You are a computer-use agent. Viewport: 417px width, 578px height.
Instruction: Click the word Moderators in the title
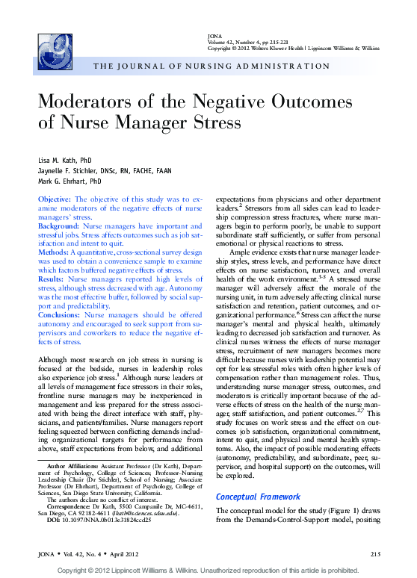pyautogui.click(x=95, y=102)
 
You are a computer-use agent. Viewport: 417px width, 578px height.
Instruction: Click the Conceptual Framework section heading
pyautogui.click(x=258, y=497)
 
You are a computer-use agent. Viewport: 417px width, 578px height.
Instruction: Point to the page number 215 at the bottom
pyautogui.click(x=376, y=553)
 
